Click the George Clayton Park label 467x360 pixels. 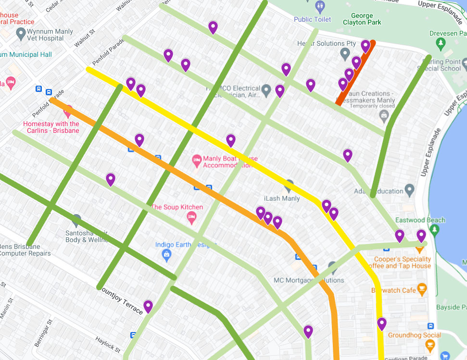[362, 19]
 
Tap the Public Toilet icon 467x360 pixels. [321, 7]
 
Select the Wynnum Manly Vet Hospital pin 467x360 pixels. [21, 34]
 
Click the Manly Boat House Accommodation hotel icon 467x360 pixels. [196, 160]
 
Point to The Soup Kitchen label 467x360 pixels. [177, 207]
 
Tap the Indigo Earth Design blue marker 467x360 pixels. [167, 255]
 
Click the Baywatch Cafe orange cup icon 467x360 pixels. [422, 290]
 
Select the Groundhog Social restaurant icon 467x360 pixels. [430, 345]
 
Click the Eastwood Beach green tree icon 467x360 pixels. [435, 230]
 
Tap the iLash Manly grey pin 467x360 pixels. [289, 185]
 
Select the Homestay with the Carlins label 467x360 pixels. [51, 127]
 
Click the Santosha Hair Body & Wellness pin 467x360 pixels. [76, 221]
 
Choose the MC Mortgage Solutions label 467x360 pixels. [308, 280]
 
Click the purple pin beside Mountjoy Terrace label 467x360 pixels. [148, 306]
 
